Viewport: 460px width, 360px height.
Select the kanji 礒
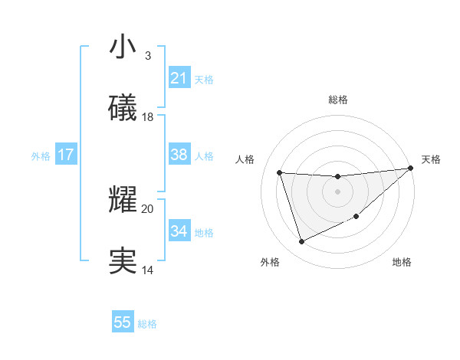tap(123, 108)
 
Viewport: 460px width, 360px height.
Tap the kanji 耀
tap(123, 200)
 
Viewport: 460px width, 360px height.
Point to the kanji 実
tap(123, 261)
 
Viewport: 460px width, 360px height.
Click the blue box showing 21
tap(179, 78)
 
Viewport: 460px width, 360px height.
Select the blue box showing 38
tap(179, 155)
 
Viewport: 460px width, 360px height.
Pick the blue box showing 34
tap(179, 231)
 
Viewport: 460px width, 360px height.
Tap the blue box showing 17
tap(66, 155)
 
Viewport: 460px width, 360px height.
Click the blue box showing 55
tap(123, 322)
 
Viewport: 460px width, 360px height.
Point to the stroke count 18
tap(148, 117)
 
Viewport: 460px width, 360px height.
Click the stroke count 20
tap(148, 208)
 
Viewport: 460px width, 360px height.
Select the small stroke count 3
tap(148, 56)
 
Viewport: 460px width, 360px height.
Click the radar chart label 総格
tap(338, 100)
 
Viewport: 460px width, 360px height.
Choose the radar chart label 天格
tap(431, 159)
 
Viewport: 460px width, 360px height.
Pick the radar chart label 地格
tap(402, 262)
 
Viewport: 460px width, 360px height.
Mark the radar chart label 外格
tap(270, 262)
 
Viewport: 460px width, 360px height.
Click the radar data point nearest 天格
tap(410, 169)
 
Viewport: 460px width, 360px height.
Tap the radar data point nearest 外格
tap(301, 242)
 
